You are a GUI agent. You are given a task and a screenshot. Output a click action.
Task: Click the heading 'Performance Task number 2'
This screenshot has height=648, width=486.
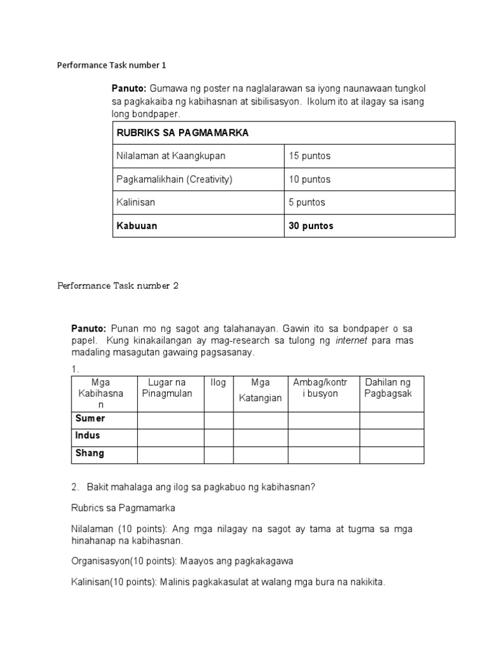click(118, 285)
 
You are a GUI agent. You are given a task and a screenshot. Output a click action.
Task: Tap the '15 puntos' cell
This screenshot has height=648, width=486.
click(310, 156)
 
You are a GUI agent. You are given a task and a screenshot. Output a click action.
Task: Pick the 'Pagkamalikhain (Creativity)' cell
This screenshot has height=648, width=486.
click(175, 179)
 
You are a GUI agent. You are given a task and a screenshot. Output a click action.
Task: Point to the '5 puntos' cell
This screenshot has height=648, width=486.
click(308, 202)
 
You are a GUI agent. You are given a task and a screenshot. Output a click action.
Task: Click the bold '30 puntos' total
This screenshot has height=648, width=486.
click(311, 226)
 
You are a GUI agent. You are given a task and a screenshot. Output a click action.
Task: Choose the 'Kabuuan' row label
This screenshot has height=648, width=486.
click(137, 226)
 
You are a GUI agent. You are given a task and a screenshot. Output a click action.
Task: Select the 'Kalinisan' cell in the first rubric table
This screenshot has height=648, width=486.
click(136, 202)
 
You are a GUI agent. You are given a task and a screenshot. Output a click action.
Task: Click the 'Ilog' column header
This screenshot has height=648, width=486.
click(218, 382)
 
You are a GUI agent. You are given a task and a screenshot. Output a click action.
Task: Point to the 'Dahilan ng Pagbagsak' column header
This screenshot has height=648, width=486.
click(388, 388)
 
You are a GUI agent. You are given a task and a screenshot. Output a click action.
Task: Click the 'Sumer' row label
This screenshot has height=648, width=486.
click(90, 419)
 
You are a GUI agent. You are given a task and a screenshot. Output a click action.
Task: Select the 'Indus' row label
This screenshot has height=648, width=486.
click(88, 436)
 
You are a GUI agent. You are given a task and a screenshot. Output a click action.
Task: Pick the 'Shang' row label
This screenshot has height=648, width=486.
click(90, 454)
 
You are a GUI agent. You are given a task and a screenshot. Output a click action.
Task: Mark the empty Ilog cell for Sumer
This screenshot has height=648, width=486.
click(218, 420)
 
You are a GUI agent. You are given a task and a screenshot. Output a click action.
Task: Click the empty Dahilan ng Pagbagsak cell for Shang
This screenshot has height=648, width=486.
click(392, 454)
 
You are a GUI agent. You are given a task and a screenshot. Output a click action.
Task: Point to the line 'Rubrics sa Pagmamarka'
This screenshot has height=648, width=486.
click(123, 508)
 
